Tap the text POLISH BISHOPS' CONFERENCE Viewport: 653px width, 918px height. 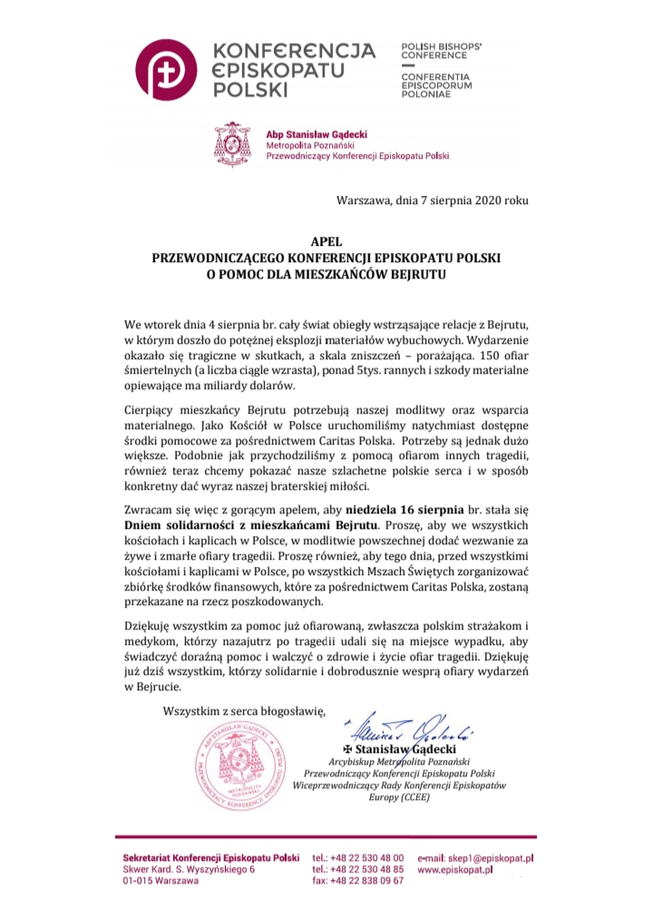click(441, 50)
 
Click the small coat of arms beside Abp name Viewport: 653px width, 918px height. click(233, 143)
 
